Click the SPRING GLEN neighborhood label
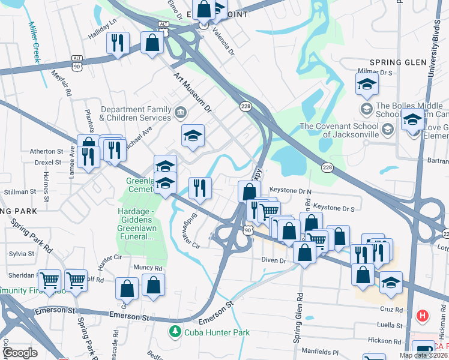tap(398, 62)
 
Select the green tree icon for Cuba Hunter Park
tap(175, 331)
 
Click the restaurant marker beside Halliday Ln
tap(117, 43)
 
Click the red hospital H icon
tap(423, 315)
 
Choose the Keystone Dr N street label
tap(291, 190)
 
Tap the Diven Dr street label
tap(274, 260)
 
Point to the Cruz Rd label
tap(391, 310)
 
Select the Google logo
tap(20, 353)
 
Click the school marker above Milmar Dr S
tap(367, 85)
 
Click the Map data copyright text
tap(423, 355)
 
